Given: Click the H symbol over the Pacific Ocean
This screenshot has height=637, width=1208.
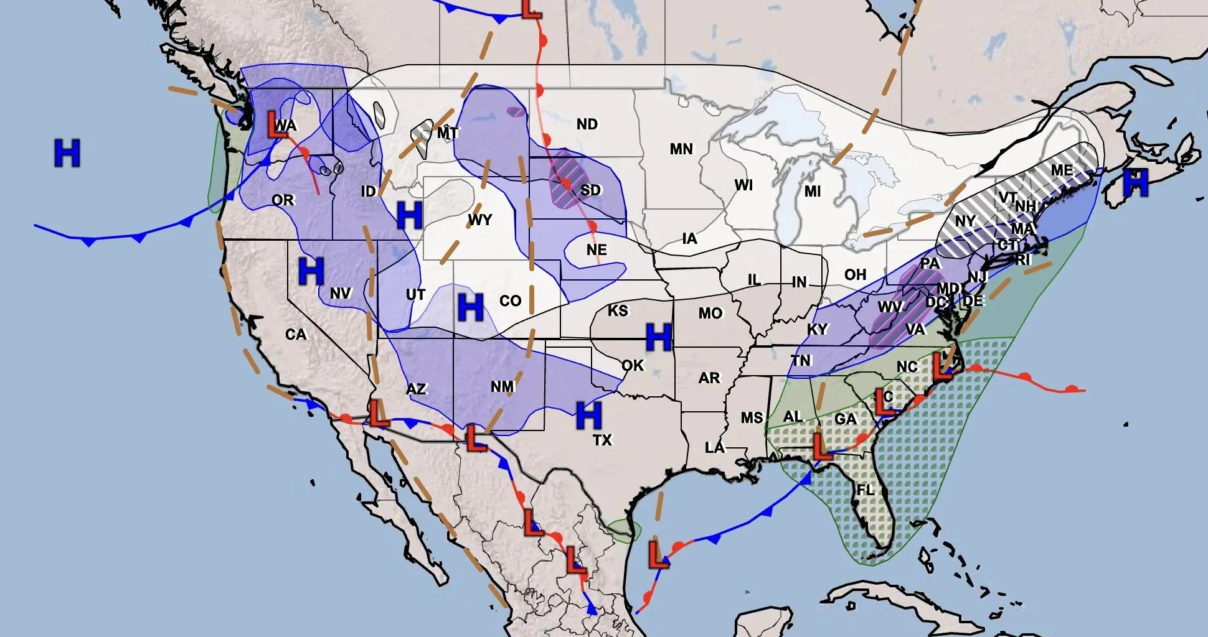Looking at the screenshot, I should (x=67, y=153).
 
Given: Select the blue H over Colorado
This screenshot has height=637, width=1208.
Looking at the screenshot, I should (x=470, y=307).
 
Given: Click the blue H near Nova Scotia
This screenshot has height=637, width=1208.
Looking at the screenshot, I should (x=1136, y=183).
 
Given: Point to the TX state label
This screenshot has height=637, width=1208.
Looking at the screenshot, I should (x=602, y=440).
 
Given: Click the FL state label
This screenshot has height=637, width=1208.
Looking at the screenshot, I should (x=865, y=490).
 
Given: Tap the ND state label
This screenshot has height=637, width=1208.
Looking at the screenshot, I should (x=587, y=124).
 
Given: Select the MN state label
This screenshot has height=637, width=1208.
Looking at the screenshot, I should (x=681, y=149).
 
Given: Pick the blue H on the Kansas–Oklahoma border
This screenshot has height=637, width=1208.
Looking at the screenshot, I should (x=658, y=337).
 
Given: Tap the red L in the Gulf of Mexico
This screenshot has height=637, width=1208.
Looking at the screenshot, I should (x=657, y=555).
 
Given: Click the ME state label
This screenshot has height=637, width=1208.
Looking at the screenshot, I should (x=1062, y=170).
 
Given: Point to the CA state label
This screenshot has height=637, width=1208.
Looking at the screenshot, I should (x=296, y=335).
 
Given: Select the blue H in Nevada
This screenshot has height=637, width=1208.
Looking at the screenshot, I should (x=311, y=271).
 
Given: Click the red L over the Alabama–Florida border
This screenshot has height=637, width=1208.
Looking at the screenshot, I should (x=821, y=447).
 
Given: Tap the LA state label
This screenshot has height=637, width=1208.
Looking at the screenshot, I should (x=714, y=448).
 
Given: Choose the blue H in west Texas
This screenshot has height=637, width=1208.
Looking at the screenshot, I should (x=588, y=416).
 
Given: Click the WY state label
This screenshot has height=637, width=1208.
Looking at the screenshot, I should (x=479, y=220).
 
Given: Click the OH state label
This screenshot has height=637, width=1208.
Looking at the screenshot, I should (x=855, y=275).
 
